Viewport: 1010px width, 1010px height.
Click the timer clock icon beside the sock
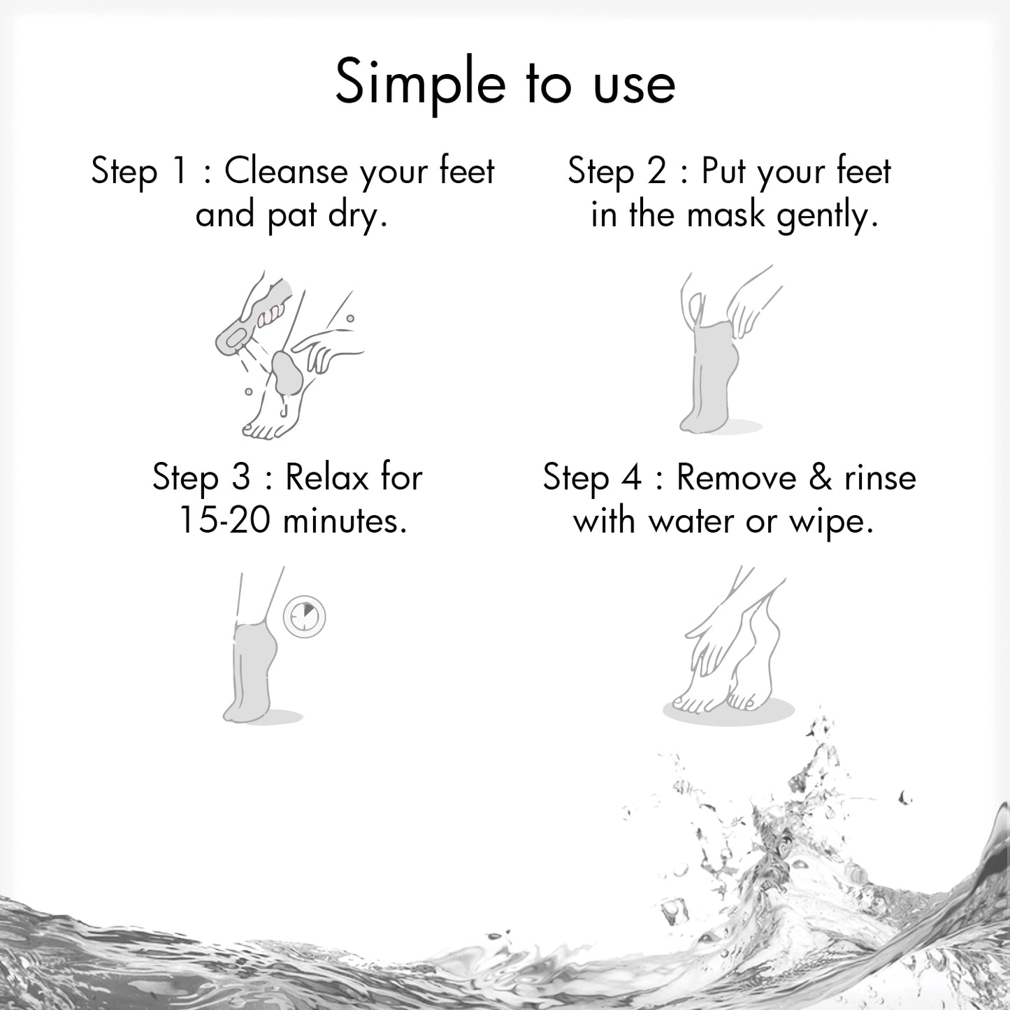coord(305,616)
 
